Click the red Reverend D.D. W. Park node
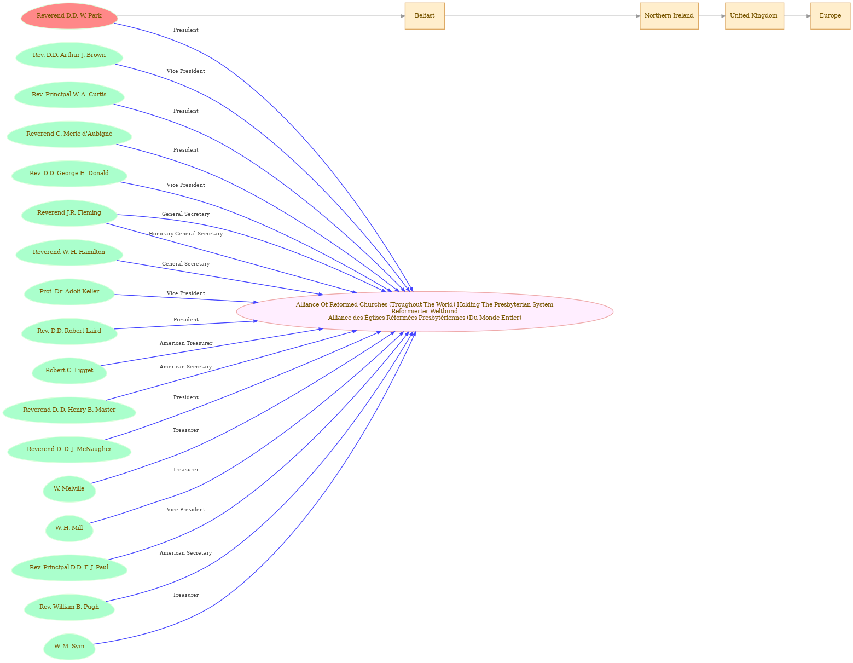(x=69, y=16)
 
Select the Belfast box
(x=425, y=16)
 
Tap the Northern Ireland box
(x=669, y=16)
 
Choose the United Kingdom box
(x=754, y=16)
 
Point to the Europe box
(x=830, y=16)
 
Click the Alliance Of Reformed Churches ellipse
(x=425, y=312)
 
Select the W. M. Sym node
(x=69, y=647)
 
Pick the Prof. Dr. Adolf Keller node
(x=69, y=292)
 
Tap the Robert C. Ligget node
(x=69, y=371)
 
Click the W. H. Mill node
(x=69, y=528)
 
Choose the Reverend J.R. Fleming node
(x=69, y=214)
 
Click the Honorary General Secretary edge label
(x=185, y=234)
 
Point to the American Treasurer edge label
(x=185, y=343)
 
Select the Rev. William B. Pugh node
(x=69, y=607)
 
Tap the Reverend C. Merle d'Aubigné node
(x=69, y=134)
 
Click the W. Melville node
(x=69, y=489)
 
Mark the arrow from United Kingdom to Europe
(x=797, y=16)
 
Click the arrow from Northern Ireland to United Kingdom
(x=712, y=16)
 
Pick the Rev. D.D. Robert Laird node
(x=69, y=332)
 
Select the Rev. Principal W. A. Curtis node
(x=69, y=95)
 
